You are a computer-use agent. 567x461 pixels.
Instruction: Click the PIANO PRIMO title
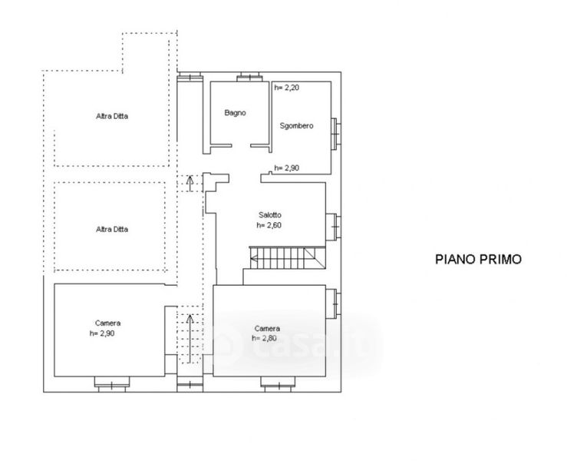tap(478, 259)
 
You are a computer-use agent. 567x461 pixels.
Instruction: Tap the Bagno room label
tap(235, 113)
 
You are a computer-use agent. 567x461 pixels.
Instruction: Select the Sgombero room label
tap(296, 126)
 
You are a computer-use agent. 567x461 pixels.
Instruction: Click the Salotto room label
tap(270, 214)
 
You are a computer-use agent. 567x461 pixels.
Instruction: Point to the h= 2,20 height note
tap(287, 88)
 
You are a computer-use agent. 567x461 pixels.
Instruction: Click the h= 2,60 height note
tap(269, 225)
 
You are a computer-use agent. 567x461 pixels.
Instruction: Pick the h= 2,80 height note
tap(265, 338)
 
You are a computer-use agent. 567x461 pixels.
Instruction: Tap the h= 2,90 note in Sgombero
tap(287, 167)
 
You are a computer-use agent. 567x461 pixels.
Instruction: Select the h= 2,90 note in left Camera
tap(102, 333)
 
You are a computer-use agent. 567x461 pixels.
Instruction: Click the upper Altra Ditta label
tap(112, 116)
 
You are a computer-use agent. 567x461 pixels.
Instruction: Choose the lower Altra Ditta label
tap(112, 229)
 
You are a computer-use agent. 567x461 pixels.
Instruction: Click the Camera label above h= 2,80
tap(267, 328)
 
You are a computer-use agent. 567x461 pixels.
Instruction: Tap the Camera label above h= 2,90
tap(107, 323)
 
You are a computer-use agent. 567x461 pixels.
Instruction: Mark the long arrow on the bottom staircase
tap(190, 339)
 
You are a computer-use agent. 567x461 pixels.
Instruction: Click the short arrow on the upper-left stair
tap(190, 183)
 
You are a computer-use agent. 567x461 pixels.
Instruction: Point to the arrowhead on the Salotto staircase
tap(253, 258)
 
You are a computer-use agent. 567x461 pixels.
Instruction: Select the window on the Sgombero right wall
tap(336, 134)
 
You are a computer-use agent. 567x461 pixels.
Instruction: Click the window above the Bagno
tap(249, 77)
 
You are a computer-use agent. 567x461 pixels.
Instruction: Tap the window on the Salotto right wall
tap(333, 227)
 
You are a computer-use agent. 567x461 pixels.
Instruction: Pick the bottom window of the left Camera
tap(112, 384)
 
